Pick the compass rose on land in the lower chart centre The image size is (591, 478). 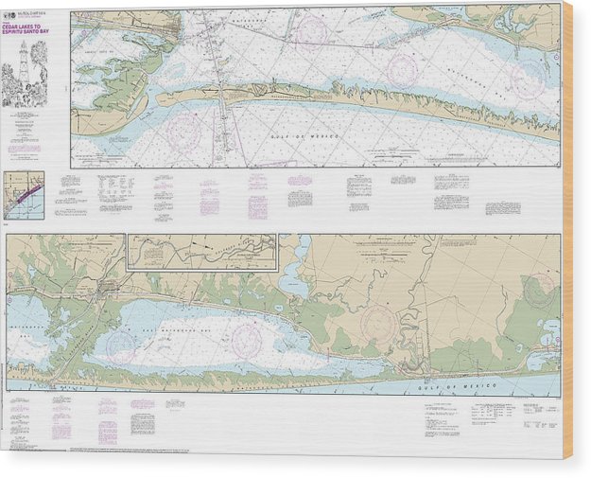379,325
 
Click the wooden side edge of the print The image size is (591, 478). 567,237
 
